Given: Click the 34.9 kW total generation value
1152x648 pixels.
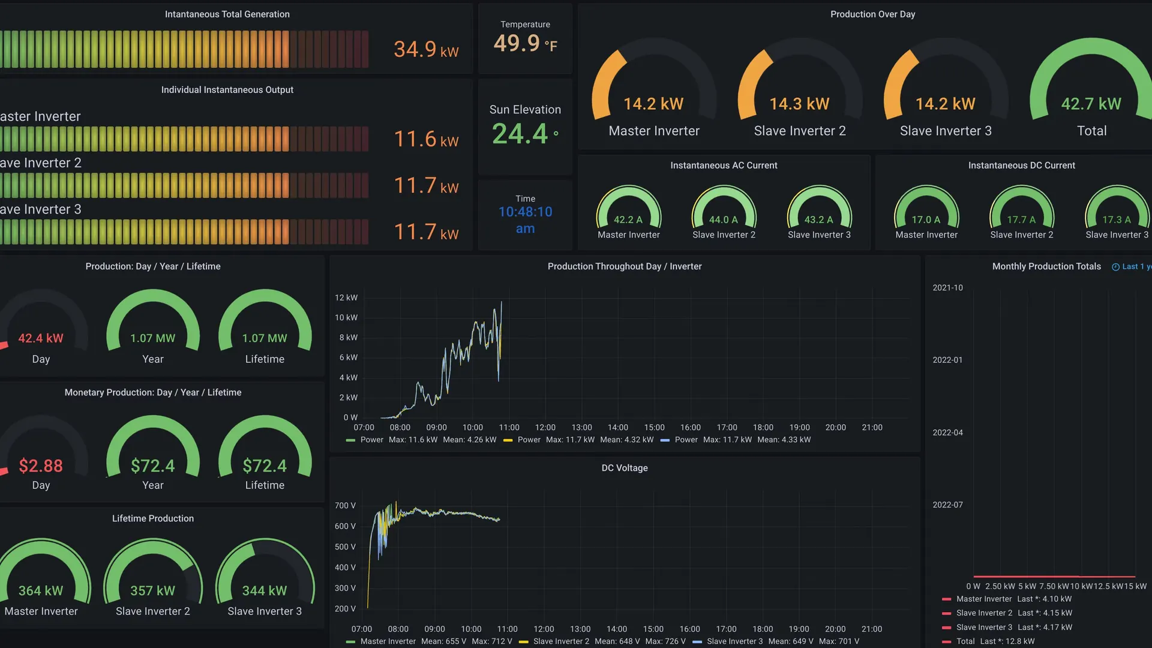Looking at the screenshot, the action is [426, 49].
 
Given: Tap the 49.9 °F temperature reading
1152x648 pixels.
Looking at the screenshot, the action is [526, 43].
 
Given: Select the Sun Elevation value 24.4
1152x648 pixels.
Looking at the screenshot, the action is [525, 133].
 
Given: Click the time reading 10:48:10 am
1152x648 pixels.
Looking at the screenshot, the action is [526, 220].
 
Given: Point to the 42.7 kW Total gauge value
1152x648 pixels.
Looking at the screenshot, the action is [1091, 104].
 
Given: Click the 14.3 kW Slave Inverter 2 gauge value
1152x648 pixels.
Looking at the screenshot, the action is [800, 104].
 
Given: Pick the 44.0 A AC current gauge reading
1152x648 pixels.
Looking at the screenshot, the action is [724, 220].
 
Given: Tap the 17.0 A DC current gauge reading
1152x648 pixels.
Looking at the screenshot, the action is [926, 220].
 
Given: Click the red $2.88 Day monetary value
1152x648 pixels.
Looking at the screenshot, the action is [41, 466].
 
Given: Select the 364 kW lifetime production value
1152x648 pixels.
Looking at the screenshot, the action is [41, 590].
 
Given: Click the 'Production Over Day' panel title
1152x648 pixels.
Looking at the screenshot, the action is [873, 14].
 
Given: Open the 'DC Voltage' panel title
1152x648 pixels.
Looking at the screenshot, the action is [625, 468].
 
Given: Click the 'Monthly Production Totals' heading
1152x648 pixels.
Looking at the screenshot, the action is [1046, 266].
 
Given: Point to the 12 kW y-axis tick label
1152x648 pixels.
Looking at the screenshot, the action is [346, 298].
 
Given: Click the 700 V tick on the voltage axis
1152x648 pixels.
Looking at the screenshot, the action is [345, 506].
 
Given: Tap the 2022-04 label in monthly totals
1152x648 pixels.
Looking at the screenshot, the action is [947, 433].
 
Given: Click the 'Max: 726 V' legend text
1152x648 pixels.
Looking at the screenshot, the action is [665, 641].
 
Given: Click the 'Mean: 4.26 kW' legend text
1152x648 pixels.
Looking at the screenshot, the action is [470, 440].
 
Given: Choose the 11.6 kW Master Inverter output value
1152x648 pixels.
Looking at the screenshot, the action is [426, 139].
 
